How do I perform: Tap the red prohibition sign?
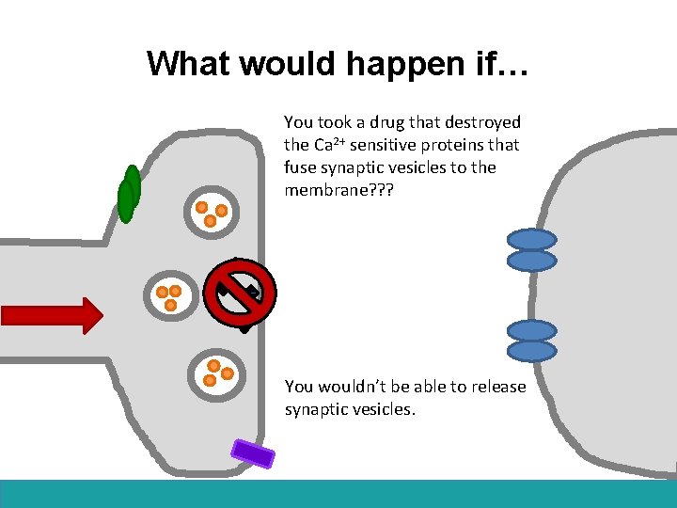pyautogui.click(x=241, y=293)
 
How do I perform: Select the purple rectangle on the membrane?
pyautogui.click(x=253, y=453)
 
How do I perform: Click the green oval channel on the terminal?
pyautogui.click(x=129, y=195)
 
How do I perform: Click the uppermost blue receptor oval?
pyautogui.click(x=531, y=240)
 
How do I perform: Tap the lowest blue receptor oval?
pyautogui.click(x=531, y=351)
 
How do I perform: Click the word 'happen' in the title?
pyautogui.click(x=401, y=64)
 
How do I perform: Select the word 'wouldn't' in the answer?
pyautogui.click(x=362, y=387)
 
